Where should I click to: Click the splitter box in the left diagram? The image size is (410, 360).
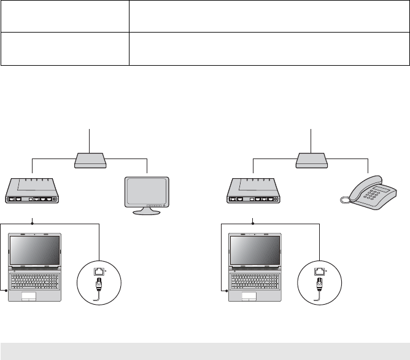[x=90, y=161]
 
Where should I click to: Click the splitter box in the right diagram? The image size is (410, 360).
[x=312, y=161]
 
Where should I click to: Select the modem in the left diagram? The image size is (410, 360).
[x=31, y=191]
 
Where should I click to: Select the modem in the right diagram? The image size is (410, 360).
[x=253, y=191]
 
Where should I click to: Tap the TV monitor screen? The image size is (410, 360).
[x=147, y=190]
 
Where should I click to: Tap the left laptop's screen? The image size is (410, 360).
[x=34, y=249]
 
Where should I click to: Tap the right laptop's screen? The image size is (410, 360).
[x=255, y=249]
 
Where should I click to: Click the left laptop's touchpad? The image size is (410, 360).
[x=29, y=297]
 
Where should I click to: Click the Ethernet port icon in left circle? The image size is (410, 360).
[x=97, y=270]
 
